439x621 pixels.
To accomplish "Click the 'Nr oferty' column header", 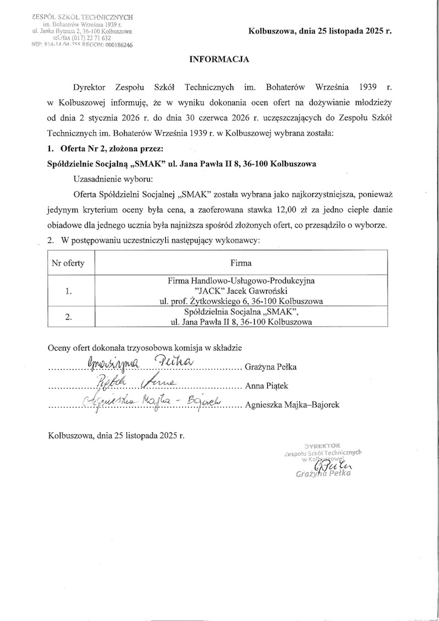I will [x=68, y=263].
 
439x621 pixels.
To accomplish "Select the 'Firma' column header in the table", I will [x=241, y=263].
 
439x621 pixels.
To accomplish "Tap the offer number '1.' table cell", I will [x=68, y=291].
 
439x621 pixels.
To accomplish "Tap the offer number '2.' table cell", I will [x=68, y=317].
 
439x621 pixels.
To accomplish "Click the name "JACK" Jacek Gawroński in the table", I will [x=241, y=290].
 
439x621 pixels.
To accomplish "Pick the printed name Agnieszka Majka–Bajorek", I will [x=294, y=405].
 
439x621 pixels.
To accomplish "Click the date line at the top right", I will [x=320, y=31].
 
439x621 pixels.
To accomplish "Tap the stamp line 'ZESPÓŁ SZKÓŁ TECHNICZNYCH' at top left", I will [x=83, y=18].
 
